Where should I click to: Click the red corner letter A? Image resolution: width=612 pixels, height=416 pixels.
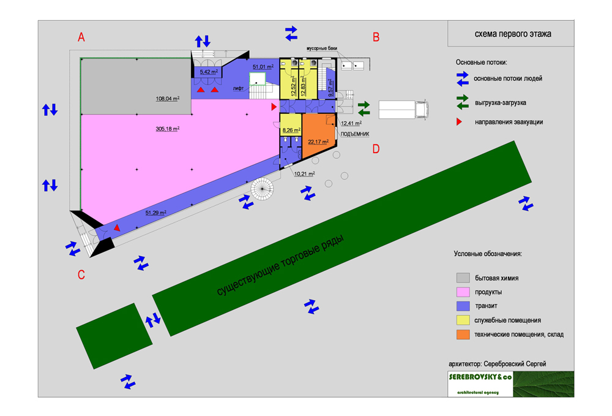click(x=81, y=37)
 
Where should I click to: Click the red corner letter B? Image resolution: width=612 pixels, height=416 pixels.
click(x=376, y=37)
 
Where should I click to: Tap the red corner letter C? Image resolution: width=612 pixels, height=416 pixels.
click(x=81, y=275)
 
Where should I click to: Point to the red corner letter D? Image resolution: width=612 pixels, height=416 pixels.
click(x=376, y=148)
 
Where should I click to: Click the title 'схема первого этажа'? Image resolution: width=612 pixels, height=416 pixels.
click(x=513, y=34)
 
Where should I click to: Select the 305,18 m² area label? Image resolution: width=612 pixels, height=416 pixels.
click(x=168, y=129)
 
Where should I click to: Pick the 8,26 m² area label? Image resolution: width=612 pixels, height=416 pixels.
click(x=291, y=130)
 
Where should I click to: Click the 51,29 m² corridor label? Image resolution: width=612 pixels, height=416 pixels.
click(x=155, y=213)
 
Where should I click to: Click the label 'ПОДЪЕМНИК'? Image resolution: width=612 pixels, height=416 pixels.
click(x=354, y=134)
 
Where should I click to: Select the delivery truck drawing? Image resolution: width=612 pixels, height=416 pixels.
click(x=403, y=110)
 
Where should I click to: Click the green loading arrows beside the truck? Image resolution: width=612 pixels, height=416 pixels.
click(x=364, y=108)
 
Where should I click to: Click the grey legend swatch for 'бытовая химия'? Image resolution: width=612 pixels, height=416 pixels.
click(x=463, y=278)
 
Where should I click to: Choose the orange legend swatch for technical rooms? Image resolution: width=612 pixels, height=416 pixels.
click(x=463, y=335)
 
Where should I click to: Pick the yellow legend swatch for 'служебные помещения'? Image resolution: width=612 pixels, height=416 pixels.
click(x=463, y=320)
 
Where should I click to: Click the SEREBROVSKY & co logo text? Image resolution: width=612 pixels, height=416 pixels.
click(x=480, y=377)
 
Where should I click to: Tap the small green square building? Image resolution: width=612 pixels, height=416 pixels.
click(x=113, y=336)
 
